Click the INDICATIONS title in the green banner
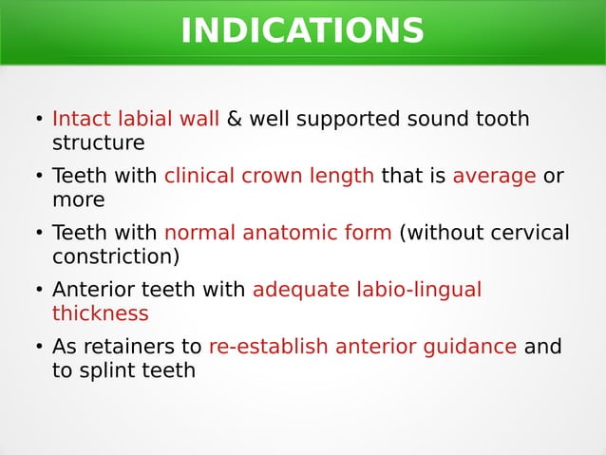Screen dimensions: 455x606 pos(302,31)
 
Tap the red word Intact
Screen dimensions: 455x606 pos(82,120)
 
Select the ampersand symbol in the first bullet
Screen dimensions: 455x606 pos(234,120)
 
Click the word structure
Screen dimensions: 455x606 pos(98,143)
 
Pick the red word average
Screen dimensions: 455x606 pos(494,177)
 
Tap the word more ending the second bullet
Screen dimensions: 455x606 pos(78,200)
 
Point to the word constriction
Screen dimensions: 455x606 pos(115,257)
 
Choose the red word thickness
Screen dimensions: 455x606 pos(100,313)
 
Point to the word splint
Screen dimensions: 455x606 pos(104,370)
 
